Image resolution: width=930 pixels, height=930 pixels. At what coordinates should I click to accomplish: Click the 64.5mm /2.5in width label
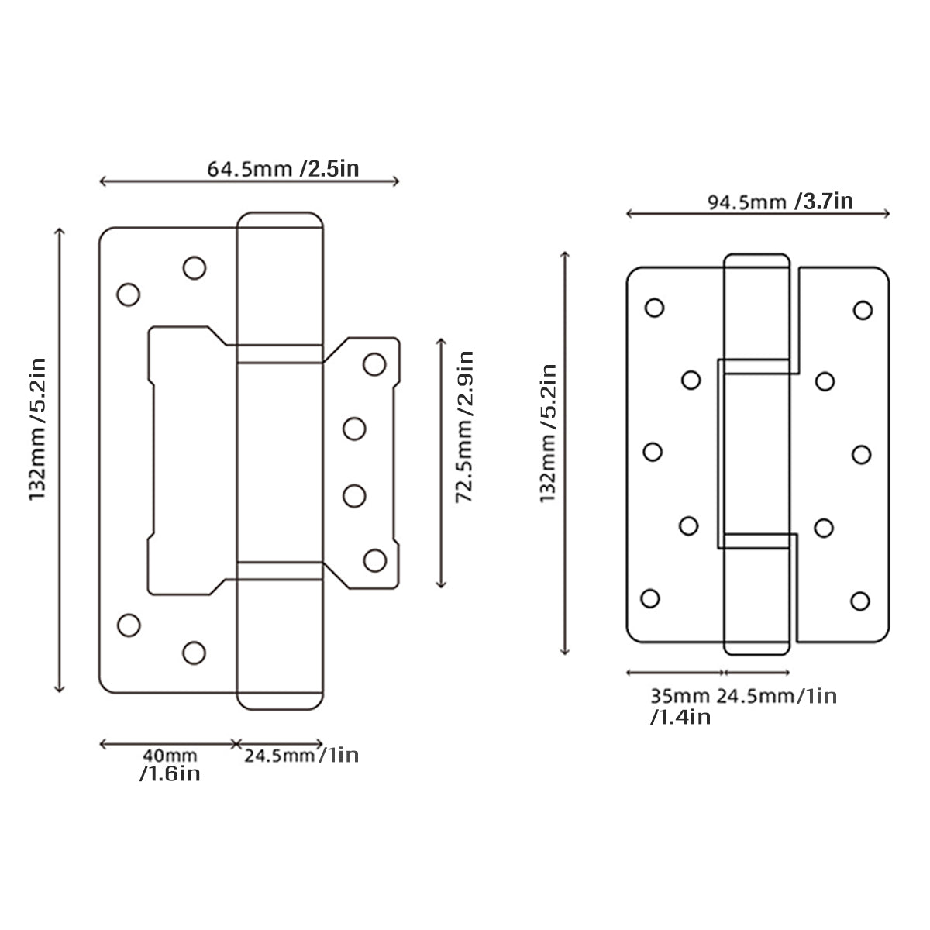tap(283, 168)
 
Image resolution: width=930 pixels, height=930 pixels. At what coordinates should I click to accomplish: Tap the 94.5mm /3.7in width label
tap(780, 201)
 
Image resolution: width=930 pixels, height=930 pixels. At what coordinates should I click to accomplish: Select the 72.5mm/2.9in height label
tap(464, 428)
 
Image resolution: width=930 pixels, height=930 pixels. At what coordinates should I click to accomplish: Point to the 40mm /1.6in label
tap(169, 764)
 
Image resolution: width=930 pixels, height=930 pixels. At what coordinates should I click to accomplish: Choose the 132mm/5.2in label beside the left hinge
tap(39, 428)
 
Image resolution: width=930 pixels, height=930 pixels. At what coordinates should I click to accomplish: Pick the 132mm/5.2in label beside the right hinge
tap(549, 433)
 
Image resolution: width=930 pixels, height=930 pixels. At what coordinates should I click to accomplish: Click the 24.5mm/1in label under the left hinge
tap(301, 755)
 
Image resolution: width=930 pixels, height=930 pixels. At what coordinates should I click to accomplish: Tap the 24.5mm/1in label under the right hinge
tap(776, 696)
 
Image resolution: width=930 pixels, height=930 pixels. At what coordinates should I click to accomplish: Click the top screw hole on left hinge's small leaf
tap(374, 363)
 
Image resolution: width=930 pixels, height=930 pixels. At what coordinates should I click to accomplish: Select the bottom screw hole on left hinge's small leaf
tap(374, 560)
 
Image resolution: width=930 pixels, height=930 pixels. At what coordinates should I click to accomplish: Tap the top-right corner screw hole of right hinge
tap(863, 310)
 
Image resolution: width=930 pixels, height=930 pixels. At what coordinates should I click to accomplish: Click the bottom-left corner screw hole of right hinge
tap(650, 598)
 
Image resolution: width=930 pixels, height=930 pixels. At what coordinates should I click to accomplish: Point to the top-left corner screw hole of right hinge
tap(654, 308)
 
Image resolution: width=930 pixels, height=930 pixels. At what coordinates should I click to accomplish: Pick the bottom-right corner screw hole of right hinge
tap(859, 600)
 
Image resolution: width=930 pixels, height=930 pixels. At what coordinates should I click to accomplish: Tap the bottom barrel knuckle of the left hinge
tap(279, 635)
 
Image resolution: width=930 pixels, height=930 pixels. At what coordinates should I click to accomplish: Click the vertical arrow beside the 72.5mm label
tap(441, 463)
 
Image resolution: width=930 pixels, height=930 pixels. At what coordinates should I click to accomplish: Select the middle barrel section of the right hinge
tap(756, 453)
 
